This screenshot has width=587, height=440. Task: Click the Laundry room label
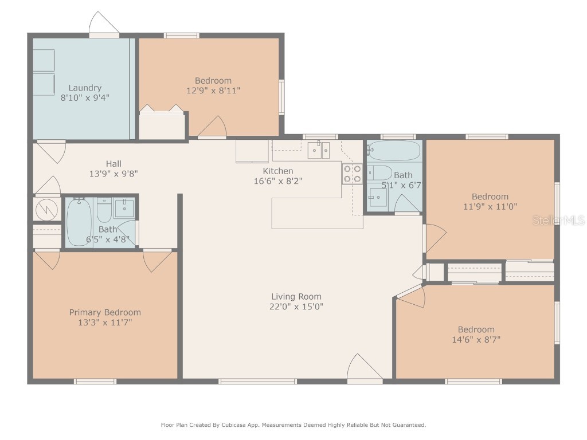tap(85, 88)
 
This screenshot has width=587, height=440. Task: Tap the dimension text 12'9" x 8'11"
tap(213, 91)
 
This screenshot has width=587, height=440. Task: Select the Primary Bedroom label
tap(105, 312)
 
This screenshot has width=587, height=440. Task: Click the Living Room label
tap(296, 296)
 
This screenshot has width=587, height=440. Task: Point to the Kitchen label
tap(278, 171)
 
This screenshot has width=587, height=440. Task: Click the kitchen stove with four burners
tap(352, 174)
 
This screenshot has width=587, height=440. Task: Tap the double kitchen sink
tap(319, 150)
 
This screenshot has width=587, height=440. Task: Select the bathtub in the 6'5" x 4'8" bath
tap(79, 222)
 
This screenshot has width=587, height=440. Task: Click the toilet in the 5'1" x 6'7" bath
tap(379, 172)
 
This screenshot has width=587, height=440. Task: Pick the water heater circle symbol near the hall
tap(46, 210)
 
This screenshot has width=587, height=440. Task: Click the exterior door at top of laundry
tap(104, 24)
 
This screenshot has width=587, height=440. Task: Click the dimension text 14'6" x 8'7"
tap(476, 339)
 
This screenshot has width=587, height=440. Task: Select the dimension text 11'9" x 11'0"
tap(490, 206)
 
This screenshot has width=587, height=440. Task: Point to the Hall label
tap(114, 164)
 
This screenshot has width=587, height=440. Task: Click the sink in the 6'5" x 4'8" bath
tap(124, 208)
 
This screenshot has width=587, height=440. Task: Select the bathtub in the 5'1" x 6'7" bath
tap(394, 151)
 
